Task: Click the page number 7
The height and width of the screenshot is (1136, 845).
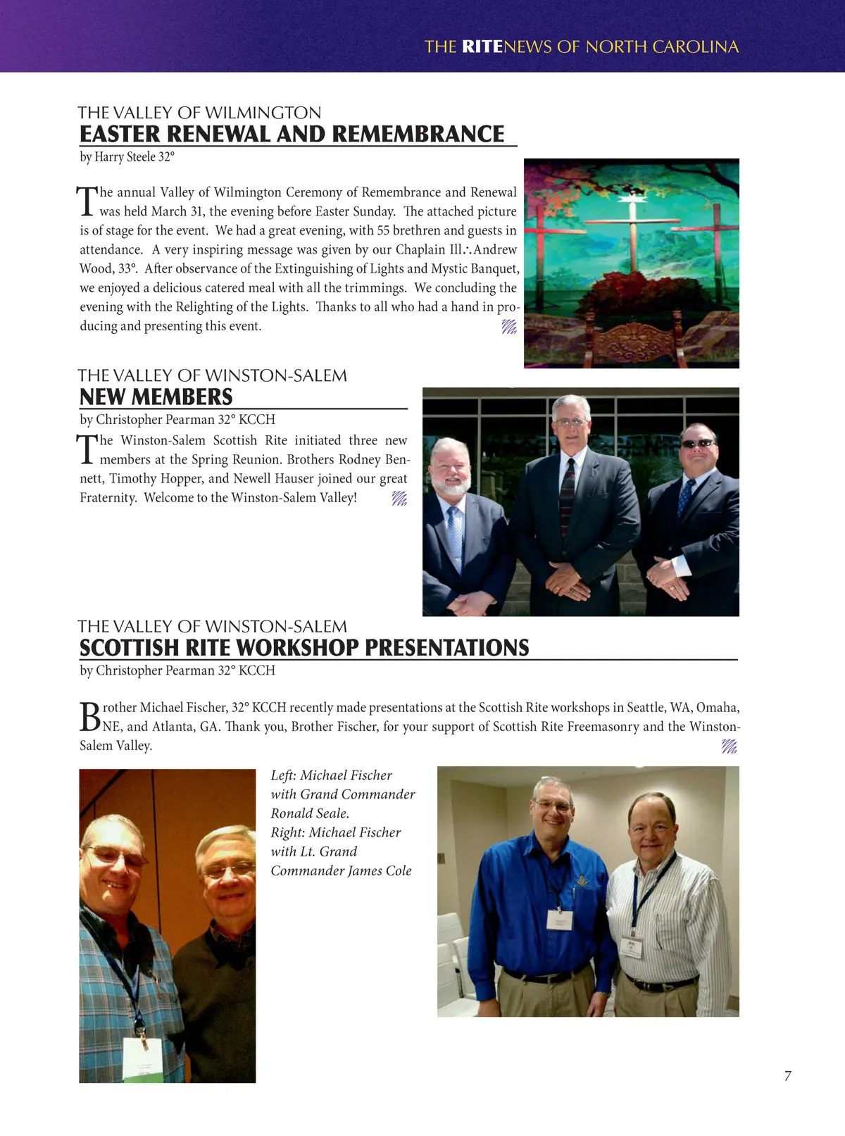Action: click(x=787, y=1075)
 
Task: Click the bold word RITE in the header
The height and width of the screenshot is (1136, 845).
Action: click(x=482, y=47)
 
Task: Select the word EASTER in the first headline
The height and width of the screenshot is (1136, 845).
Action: click(x=120, y=134)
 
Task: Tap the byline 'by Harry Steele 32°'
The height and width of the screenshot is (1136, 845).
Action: click(x=127, y=156)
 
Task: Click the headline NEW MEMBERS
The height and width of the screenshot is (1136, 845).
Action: click(x=156, y=397)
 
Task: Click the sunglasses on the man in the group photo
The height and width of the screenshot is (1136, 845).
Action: click(x=698, y=443)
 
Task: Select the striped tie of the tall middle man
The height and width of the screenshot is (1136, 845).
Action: click(x=567, y=493)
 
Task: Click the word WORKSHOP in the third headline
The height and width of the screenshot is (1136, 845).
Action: click(x=299, y=648)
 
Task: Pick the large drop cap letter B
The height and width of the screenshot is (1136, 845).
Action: click(x=89, y=716)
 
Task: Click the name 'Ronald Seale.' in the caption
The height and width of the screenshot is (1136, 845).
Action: click(x=310, y=813)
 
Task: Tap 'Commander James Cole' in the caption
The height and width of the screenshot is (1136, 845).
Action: click(x=341, y=870)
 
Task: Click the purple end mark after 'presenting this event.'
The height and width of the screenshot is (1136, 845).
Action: click(x=509, y=327)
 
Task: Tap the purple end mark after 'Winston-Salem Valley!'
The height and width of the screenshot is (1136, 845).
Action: click(x=399, y=499)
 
